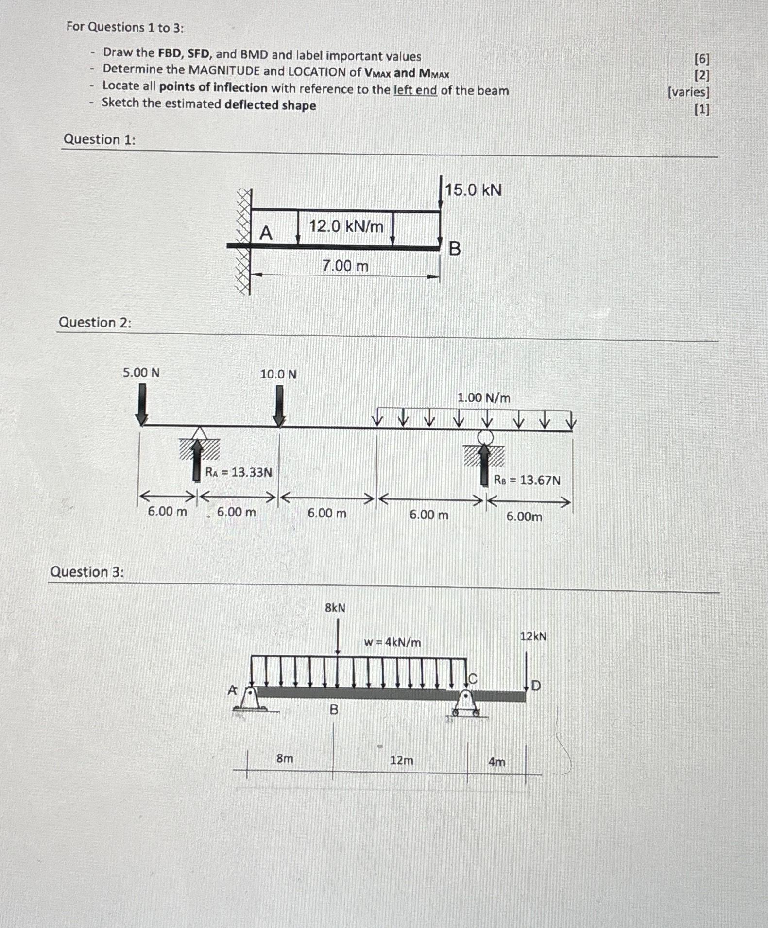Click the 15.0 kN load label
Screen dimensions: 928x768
(x=473, y=190)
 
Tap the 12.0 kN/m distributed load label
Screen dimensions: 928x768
(x=346, y=226)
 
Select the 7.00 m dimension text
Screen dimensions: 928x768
(x=345, y=266)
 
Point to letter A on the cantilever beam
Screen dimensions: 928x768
(x=266, y=233)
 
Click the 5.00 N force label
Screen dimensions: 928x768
(x=141, y=373)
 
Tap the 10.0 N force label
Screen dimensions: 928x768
(x=278, y=374)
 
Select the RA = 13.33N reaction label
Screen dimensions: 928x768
(x=239, y=472)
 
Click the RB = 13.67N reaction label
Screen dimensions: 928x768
(x=527, y=481)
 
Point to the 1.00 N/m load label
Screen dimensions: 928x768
(x=483, y=398)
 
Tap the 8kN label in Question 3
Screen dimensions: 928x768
(x=335, y=608)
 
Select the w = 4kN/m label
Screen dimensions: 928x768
(x=393, y=642)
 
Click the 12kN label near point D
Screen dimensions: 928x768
(x=533, y=636)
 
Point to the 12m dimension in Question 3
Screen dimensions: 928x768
(x=401, y=760)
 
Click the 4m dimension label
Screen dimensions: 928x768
(x=496, y=762)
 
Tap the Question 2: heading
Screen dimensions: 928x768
(x=95, y=323)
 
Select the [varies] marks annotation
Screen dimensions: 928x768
(x=688, y=92)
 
